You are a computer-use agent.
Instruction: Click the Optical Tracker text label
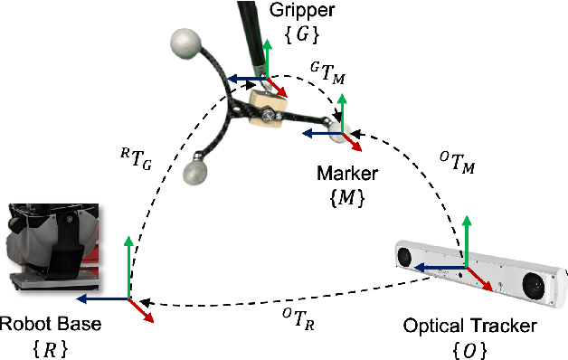pos(469,324)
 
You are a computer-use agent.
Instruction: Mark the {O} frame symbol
pos(469,346)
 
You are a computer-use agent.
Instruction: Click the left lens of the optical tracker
pos(405,257)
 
